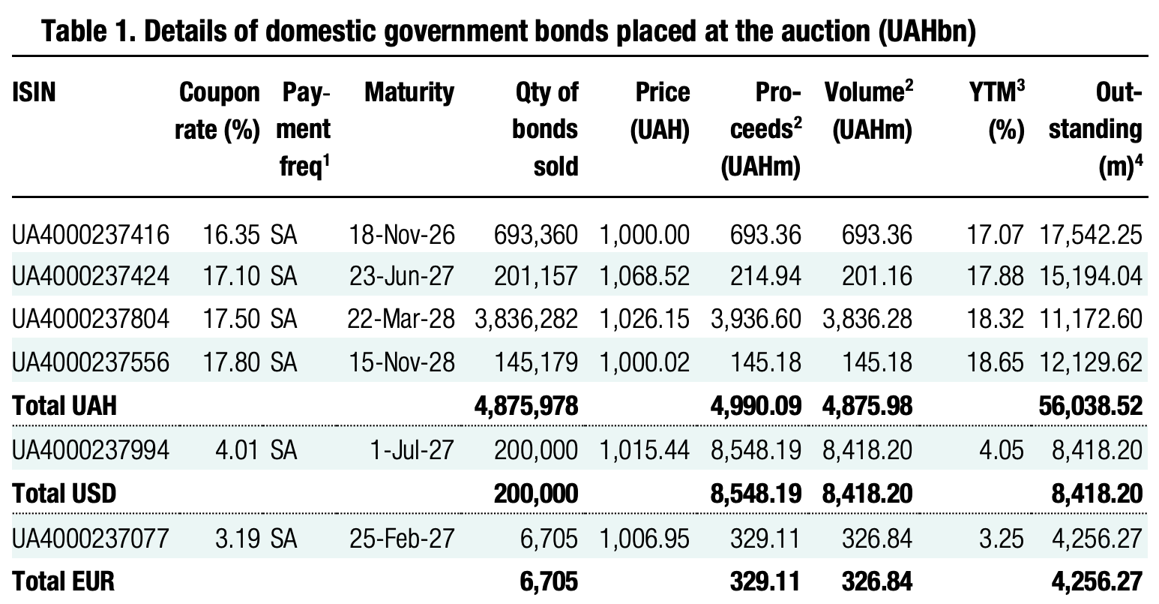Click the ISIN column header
[x=34, y=92]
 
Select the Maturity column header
[x=409, y=92]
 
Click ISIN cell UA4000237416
[x=90, y=236]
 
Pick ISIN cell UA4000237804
[x=90, y=320]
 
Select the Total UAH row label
[x=64, y=406]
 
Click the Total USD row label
[x=64, y=493]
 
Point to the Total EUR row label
[x=64, y=580]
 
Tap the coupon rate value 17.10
[x=232, y=278]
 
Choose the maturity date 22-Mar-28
[x=401, y=320]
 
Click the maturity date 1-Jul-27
[x=412, y=450]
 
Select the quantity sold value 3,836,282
[x=526, y=320]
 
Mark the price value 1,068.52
[x=644, y=278]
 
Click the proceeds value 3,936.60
[x=756, y=320]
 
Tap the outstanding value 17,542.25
[x=1091, y=236]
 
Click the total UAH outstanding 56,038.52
[x=1091, y=406]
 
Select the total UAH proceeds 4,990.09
[x=756, y=406]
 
